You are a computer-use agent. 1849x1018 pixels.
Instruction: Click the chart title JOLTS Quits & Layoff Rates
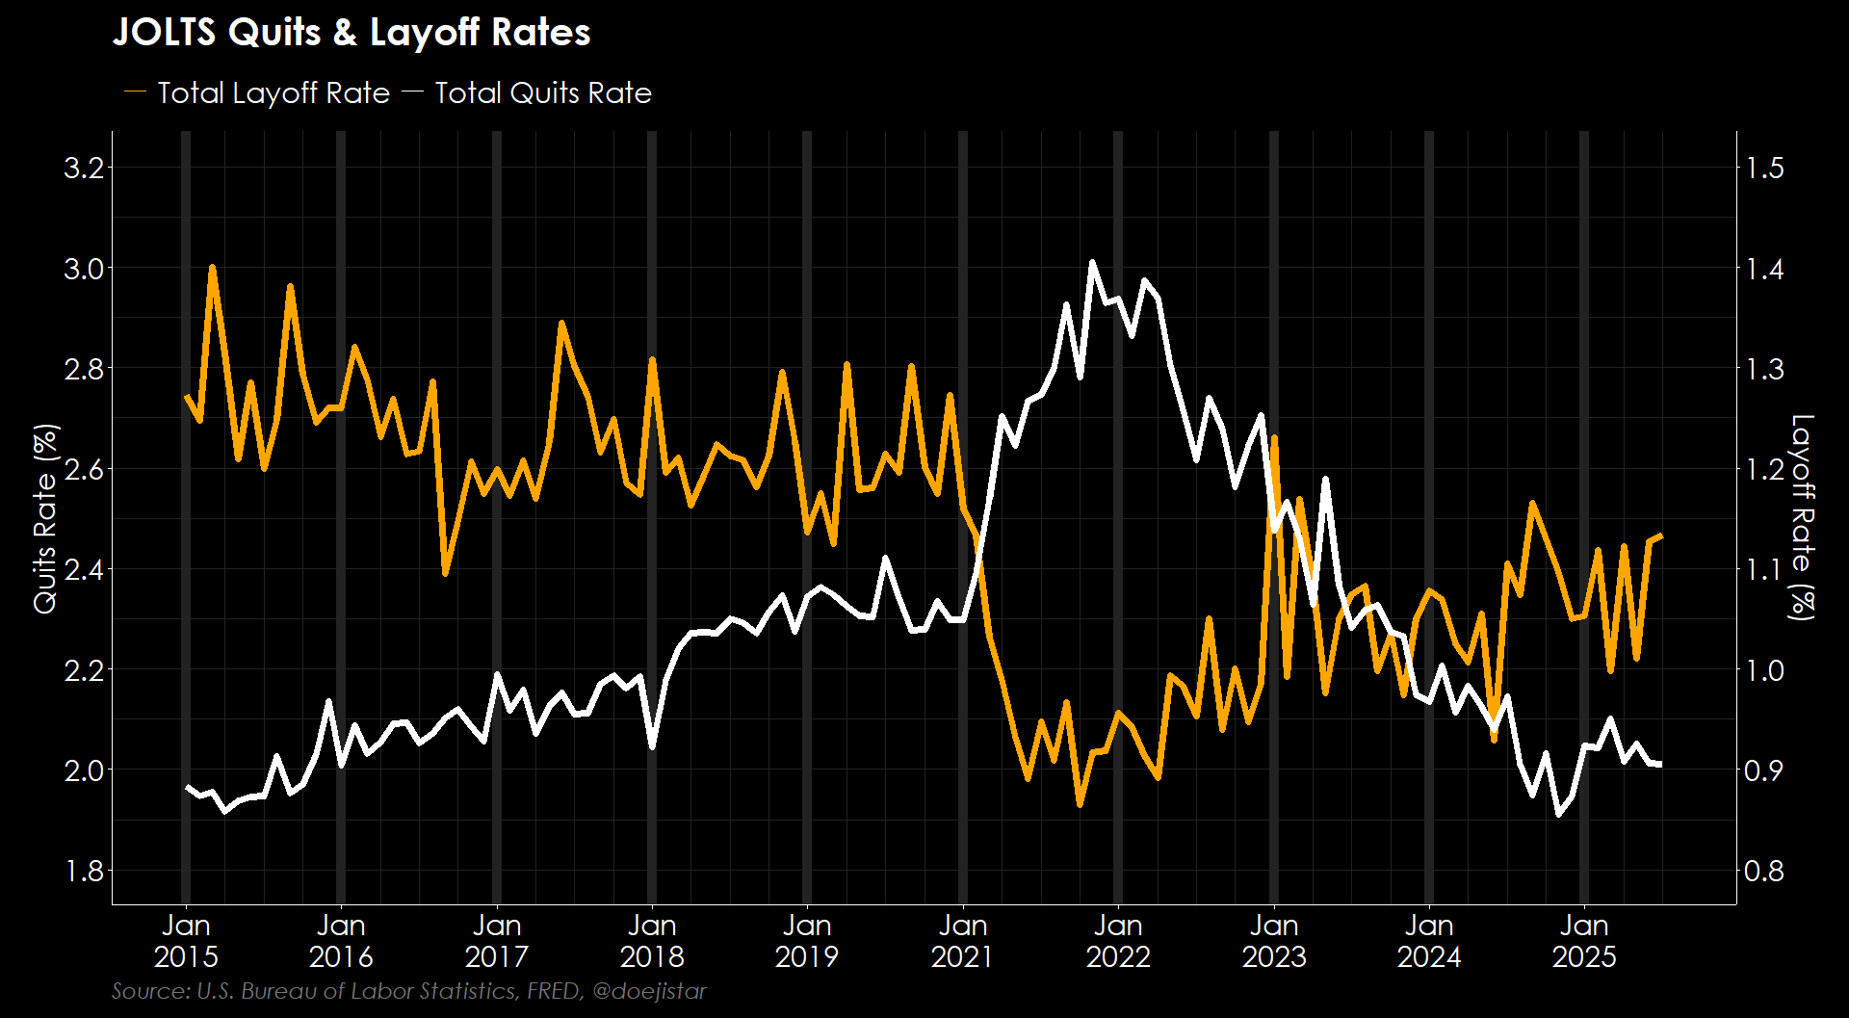tap(352, 33)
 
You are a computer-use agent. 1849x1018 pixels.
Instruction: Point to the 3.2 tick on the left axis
tap(83, 169)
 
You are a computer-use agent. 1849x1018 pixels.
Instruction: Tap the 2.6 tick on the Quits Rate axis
tap(83, 469)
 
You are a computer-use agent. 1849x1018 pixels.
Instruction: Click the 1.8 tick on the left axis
tap(83, 871)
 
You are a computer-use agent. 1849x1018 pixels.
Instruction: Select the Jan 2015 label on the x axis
tap(186, 941)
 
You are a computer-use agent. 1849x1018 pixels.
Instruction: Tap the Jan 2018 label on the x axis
tap(652, 941)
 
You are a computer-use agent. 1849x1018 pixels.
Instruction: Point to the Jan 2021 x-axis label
tap(963, 941)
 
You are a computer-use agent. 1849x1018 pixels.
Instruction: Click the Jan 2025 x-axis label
tap(1584, 941)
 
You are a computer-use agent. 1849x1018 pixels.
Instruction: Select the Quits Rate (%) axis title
tap(45, 518)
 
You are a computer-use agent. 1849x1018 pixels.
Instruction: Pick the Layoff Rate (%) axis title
tap(1802, 517)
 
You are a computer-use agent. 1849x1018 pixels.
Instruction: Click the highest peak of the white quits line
tap(1092, 262)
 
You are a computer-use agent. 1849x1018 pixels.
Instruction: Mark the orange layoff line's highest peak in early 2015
tap(212, 268)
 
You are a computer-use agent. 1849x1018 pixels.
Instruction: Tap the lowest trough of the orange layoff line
tap(1080, 804)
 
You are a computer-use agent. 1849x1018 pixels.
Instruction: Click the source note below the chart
tap(408, 991)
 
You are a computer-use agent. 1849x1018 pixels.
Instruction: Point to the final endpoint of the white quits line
tap(1661, 765)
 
